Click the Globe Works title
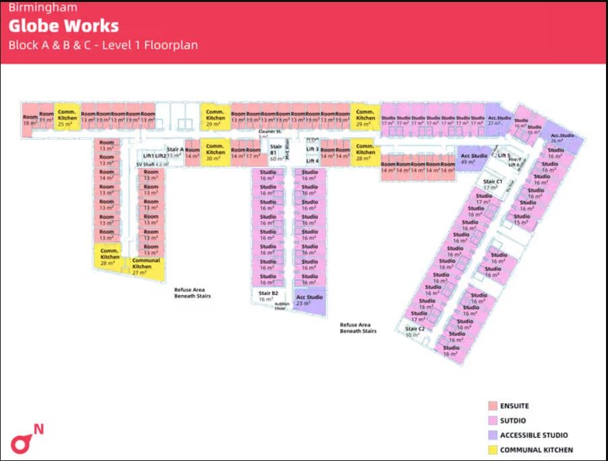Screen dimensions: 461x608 pos(63,26)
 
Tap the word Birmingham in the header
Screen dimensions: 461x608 pos(42,8)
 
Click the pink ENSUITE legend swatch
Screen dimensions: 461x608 pos(492,406)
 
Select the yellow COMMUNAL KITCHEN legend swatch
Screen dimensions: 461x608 pos(492,450)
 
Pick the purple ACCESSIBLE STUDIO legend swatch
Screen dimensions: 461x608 pos(492,435)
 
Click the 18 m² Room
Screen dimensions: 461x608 pos(30,120)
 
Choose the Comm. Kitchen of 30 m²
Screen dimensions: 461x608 pos(215,151)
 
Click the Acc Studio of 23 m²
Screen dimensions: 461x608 pos(310,300)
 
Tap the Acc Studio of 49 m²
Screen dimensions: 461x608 pos(474,159)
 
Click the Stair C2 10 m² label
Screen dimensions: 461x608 pos(415,331)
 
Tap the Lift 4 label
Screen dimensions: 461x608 pos(312,161)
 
